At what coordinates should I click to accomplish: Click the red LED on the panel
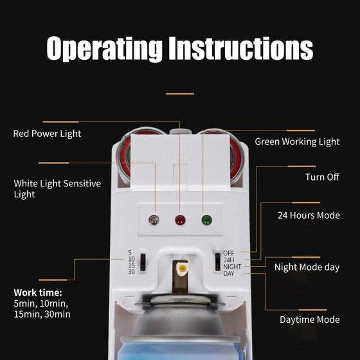(x=180, y=220)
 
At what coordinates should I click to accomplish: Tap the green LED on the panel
(x=206, y=220)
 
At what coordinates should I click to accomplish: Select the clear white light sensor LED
(x=154, y=220)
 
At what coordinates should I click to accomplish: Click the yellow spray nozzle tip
(x=183, y=268)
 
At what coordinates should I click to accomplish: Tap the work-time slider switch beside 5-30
(x=143, y=262)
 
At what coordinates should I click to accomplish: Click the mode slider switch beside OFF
(x=217, y=262)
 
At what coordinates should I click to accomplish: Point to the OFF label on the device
(x=229, y=253)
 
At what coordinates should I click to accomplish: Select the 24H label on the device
(x=229, y=260)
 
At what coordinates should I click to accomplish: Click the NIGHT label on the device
(x=232, y=267)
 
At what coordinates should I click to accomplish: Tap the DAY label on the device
(x=229, y=273)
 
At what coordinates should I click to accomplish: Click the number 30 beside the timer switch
(x=131, y=271)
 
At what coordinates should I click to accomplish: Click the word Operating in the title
(x=104, y=49)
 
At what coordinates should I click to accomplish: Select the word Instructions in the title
(x=241, y=48)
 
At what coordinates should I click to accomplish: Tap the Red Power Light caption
(x=47, y=134)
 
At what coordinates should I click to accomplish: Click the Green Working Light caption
(x=297, y=141)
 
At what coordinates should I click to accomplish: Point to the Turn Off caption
(x=322, y=177)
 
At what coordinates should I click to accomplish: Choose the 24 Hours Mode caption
(x=309, y=215)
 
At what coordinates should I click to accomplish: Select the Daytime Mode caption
(x=310, y=319)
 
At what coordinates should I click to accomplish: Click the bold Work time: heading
(x=38, y=292)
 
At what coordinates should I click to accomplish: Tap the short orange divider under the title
(x=180, y=94)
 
